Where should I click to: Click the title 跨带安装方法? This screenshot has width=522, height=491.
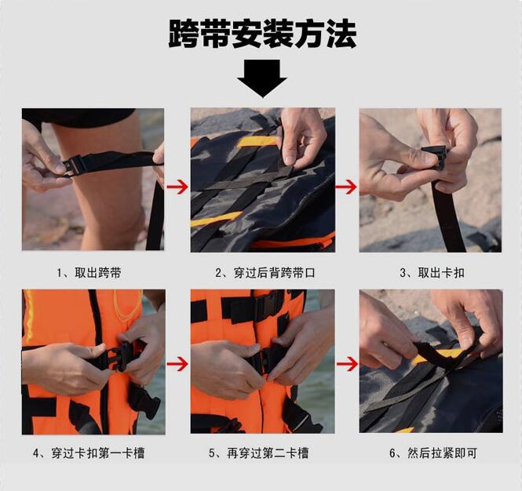click(262, 34)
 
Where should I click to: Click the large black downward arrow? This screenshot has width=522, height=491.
click(262, 78)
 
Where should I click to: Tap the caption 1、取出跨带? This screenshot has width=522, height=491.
click(89, 273)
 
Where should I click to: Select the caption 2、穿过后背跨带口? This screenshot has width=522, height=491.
click(265, 273)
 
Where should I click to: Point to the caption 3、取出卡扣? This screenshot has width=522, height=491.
click(432, 273)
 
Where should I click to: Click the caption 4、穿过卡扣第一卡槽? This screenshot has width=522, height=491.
click(89, 453)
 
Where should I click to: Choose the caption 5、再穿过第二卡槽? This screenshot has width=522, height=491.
click(259, 453)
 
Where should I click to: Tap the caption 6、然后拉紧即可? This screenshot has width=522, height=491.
click(433, 453)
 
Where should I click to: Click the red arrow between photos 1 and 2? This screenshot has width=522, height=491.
click(177, 187)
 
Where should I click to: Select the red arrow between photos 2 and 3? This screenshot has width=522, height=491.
click(346, 187)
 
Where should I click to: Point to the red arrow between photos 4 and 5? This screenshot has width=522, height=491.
click(177, 365)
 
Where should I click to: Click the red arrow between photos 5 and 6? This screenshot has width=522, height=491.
click(346, 365)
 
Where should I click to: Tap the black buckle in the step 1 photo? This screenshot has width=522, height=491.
click(74, 165)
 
